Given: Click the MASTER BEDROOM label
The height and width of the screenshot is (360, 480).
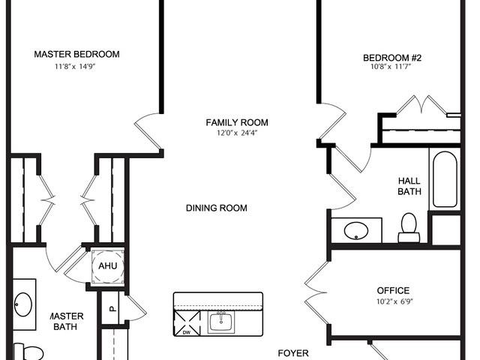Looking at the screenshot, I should (77, 54).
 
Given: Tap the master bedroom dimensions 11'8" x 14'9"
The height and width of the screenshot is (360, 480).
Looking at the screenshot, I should (77, 66).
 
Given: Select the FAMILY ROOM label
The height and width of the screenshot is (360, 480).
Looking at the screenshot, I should (237, 122).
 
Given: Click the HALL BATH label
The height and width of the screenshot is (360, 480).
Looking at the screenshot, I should (409, 185).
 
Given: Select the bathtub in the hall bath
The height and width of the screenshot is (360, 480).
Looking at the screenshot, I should (443, 180).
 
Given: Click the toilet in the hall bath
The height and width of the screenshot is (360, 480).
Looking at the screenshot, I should (409, 227).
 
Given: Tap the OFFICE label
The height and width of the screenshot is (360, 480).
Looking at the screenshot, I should (393, 290).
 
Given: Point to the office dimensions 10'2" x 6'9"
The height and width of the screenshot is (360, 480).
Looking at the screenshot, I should (393, 301).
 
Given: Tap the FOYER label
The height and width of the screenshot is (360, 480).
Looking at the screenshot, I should (294, 353).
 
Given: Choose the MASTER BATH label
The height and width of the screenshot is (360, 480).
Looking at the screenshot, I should (67, 322).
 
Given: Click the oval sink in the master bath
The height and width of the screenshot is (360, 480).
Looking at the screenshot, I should (23, 304).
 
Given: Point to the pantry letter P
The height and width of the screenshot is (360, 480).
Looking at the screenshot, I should (111, 308).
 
